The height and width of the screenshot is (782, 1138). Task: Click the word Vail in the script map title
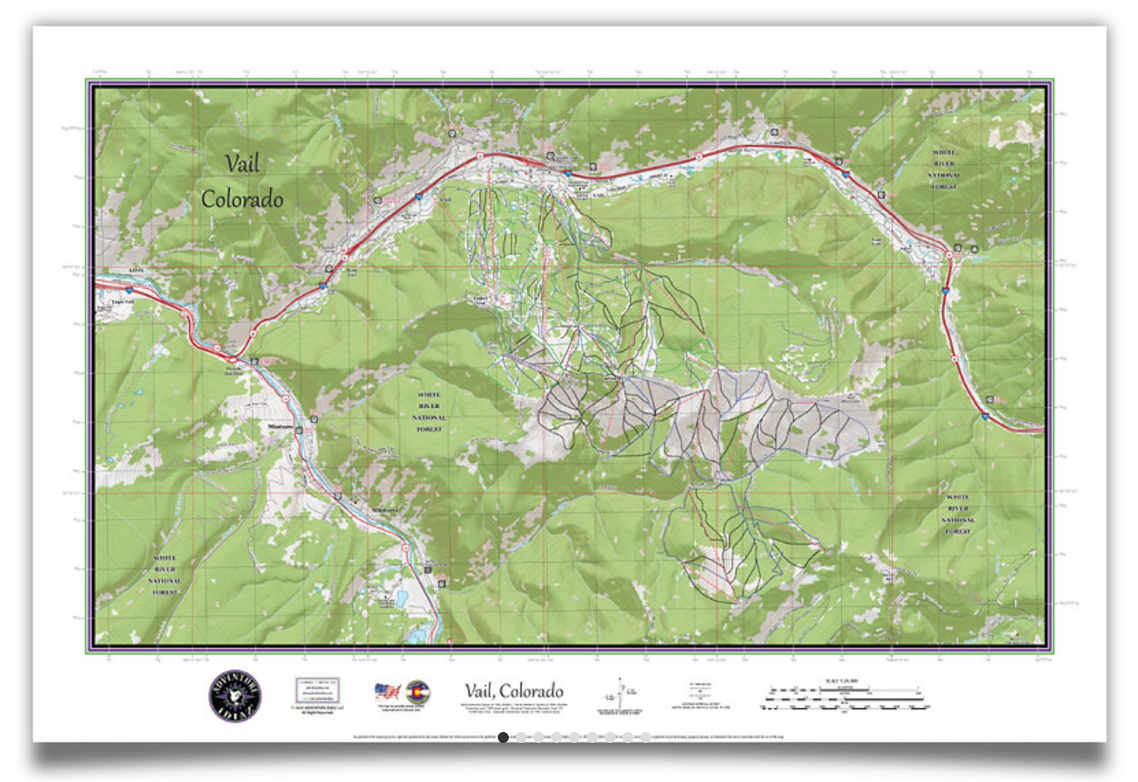(x=242, y=164)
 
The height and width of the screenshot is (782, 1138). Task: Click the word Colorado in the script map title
(x=242, y=199)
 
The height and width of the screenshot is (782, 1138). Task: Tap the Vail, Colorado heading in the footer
(x=514, y=690)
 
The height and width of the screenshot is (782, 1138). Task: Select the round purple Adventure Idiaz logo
(x=235, y=696)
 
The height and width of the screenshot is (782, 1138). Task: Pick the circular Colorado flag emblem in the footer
(x=418, y=692)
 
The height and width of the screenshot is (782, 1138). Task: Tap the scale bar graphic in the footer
(x=845, y=699)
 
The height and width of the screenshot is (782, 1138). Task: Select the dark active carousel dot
(x=503, y=737)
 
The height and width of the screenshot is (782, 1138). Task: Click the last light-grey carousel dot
(x=645, y=737)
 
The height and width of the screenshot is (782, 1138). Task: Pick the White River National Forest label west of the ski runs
(x=429, y=412)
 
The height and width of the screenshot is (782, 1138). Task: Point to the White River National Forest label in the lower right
(x=957, y=514)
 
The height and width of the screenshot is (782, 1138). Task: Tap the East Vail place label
(x=876, y=241)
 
